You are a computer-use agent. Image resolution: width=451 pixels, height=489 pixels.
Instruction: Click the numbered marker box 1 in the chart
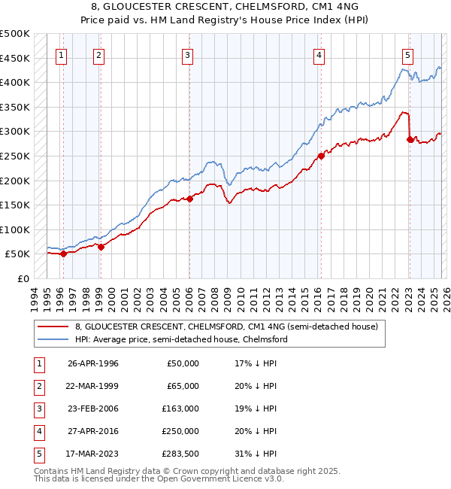coord(61,54)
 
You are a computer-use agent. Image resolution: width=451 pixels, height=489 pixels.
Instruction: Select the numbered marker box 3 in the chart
coord(187,54)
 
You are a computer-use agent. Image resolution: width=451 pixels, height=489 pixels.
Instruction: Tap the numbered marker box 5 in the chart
coord(407,54)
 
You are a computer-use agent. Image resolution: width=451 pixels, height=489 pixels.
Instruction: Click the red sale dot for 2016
coord(321,156)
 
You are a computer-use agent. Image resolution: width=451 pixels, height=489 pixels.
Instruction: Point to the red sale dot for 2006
coord(189,199)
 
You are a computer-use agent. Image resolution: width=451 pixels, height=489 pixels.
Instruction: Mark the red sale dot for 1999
coord(101,247)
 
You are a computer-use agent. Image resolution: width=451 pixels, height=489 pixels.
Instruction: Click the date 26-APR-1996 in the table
coord(93,363)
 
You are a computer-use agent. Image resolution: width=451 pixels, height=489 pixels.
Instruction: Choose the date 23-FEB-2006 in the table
coord(93,409)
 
